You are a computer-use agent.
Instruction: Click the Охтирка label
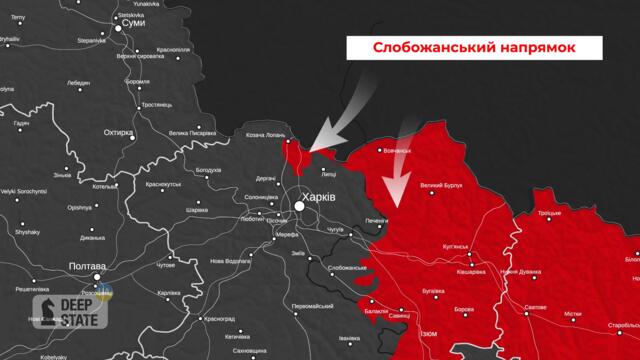click(119, 130)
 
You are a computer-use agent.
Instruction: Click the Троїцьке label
click(549, 214)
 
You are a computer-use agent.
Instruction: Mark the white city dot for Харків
click(299, 205)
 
